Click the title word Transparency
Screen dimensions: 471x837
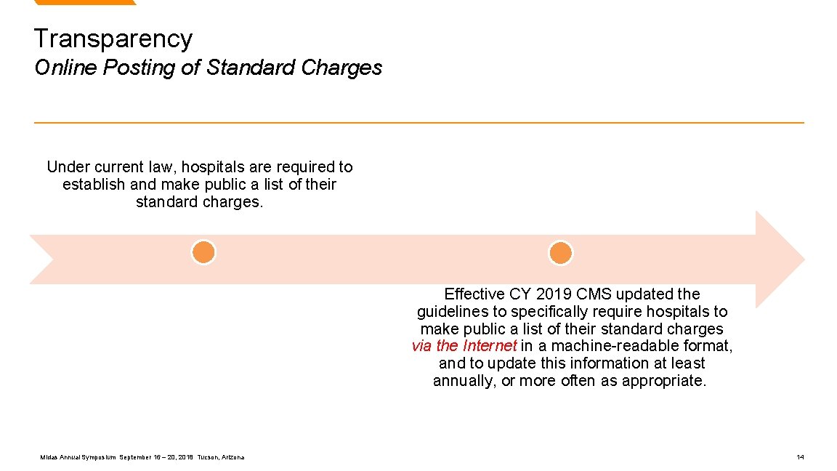click(x=113, y=39)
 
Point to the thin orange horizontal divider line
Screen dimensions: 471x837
click(x=418, y=122)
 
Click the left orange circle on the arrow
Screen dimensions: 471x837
click(x=203, y=252)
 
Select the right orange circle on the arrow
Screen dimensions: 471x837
click(x=560, y=253)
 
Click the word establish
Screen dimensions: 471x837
click(x=94, y=185)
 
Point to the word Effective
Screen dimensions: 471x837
click(x=474, y=294)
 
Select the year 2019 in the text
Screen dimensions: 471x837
click(x=554, y=294)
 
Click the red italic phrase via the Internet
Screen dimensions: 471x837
click(x=464, y=346)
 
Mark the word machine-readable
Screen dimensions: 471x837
click(x=613, y=346)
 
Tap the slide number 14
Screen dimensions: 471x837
click(x=800, y=457)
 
